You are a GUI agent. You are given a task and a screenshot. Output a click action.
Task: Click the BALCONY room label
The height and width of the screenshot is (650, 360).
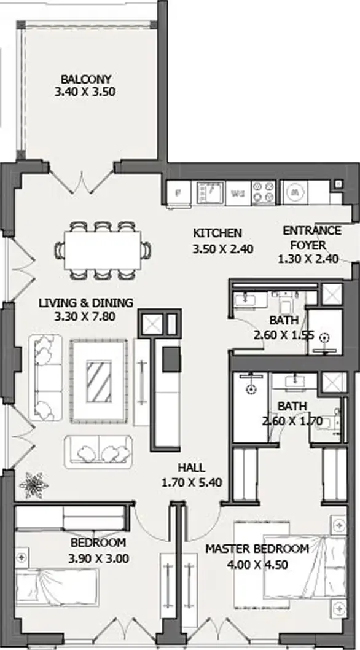click(85, 79)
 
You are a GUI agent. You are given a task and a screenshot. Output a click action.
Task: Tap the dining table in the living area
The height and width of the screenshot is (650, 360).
click(103, 250)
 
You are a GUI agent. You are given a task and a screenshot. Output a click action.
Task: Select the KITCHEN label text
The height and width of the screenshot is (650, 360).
click(217, 233)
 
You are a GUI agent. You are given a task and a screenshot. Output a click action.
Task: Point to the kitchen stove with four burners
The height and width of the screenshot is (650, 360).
click(264, 193)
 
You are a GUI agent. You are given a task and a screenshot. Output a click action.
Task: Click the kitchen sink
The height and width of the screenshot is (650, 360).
click(210, 193)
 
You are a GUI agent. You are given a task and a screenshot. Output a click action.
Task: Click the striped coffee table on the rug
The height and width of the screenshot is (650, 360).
click(99, 381)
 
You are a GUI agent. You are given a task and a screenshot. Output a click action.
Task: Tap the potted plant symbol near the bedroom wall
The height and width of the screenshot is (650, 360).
click(34, 485)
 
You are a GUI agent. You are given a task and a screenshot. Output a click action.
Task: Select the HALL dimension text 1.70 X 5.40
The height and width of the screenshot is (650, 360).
click(192, 482)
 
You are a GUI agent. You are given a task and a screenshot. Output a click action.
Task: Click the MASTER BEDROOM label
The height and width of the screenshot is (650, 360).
click(257, 549)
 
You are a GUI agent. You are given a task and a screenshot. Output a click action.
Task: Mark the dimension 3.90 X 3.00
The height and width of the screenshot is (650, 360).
click(98, 559)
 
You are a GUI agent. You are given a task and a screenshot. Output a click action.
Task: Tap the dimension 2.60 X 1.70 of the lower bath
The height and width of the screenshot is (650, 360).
click(292, 421)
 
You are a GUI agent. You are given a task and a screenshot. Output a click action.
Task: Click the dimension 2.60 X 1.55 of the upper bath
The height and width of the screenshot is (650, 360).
click(284, 335)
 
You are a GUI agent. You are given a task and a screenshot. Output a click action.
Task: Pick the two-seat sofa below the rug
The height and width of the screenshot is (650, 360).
click(98, 452)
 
